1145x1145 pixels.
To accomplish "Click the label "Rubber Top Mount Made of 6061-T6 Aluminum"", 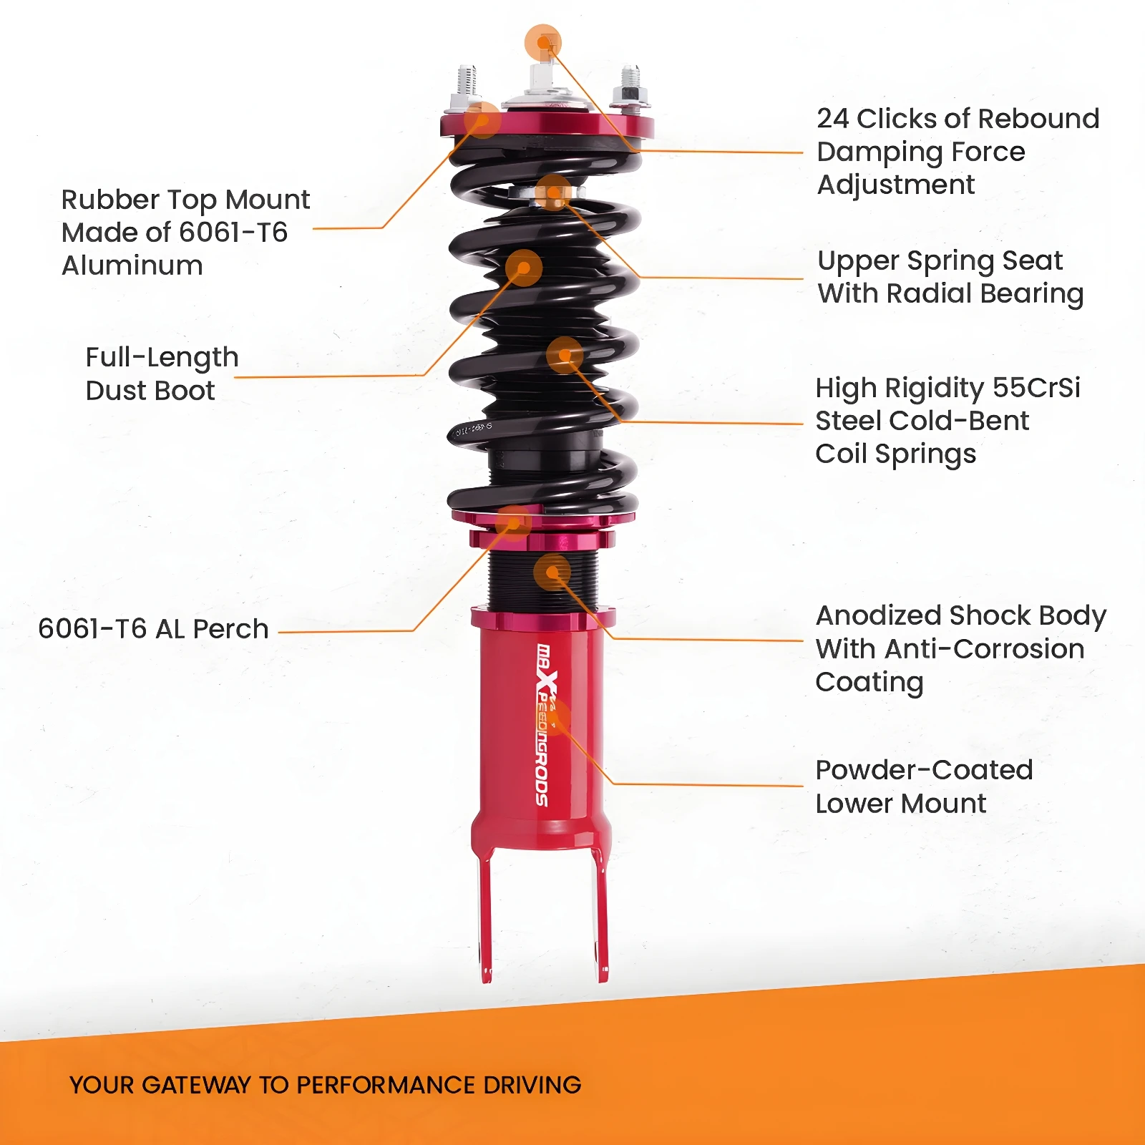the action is point(185,232).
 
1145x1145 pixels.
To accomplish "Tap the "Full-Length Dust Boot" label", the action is point(162,374).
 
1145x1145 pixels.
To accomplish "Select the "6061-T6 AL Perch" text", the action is point(153,628).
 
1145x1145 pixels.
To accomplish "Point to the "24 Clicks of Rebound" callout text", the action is point(958,118).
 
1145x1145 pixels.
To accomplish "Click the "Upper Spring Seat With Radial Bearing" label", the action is point(950,277).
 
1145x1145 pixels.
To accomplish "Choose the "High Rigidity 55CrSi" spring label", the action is point(947,388).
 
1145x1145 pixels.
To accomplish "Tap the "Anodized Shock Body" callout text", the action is point(961,615).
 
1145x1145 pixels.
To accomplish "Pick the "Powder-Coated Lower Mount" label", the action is point(924,786).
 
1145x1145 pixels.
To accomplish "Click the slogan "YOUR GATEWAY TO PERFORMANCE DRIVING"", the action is point(325,1085).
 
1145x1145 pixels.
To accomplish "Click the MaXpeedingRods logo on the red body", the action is point(544,724).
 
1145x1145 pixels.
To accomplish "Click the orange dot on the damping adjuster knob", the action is point(543,43).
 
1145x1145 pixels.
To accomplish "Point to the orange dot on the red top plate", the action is point(482,120).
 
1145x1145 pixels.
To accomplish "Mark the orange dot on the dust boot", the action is point(523,268).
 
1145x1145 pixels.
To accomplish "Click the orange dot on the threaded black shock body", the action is point(552,572).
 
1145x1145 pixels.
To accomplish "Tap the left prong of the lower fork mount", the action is point(484,916).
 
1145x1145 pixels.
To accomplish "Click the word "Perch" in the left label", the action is point(230,628).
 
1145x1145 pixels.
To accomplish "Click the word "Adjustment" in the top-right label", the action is point(895,185).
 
